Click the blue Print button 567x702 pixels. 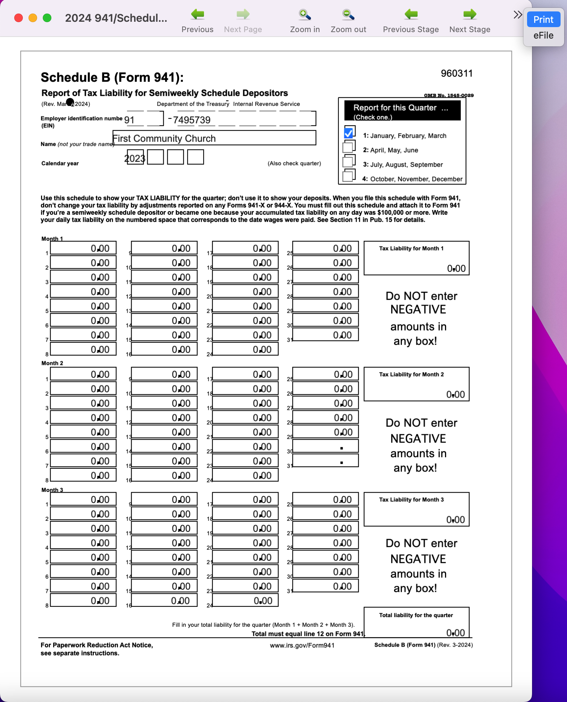click(x=543, y=20)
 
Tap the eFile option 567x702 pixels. click(x=543, y=36)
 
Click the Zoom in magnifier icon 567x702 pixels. click(x=305, y=15)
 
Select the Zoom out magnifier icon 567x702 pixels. click(x=348, y=15)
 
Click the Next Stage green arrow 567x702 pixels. click(x=470, y=15)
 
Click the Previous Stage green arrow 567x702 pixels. click(x=411, y=15)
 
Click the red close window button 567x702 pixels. click(x=19, y=18)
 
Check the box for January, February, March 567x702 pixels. click(x=348, y=133)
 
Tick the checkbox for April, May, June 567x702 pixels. click(x=348, y=147)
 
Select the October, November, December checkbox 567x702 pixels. click(x=348, y=176)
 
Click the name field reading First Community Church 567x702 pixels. click(x=214, y=138)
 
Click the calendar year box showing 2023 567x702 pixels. click(x=135, y=157)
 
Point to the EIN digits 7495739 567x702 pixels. click(x=192, y=120)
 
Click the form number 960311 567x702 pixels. click(x=456, y=73)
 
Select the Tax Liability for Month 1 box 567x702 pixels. click(x=416, y=258)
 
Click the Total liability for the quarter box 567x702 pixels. click(x=416, y=622)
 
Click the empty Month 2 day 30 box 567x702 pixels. click(x=325, y=446)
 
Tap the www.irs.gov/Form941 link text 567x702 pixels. click(x=302, y=645)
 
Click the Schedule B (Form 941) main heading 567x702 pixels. click(x=112, y=77)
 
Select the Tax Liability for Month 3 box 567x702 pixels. click(x=416, y=509)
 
